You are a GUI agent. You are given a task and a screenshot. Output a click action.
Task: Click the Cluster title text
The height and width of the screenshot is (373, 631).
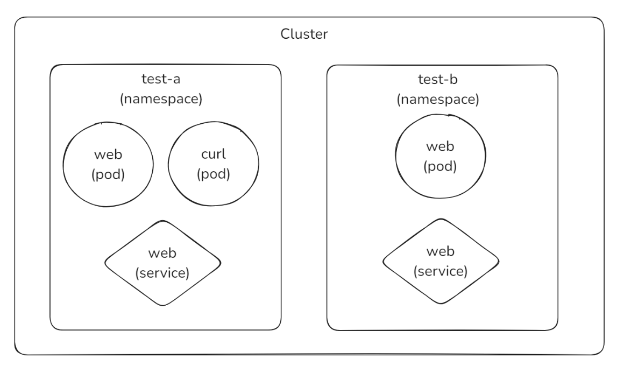(304, 34)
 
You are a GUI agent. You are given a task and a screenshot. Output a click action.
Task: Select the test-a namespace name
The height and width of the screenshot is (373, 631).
(161, 79)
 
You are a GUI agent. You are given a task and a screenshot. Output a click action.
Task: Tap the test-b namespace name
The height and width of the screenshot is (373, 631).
(438, 79)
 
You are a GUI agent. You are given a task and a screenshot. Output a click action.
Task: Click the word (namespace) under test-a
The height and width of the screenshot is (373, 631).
(161, 98)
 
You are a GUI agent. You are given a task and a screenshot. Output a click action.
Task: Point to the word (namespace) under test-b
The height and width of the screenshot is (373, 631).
(438, 99)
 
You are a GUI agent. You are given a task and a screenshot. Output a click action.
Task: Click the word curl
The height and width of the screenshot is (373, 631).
(213, 154)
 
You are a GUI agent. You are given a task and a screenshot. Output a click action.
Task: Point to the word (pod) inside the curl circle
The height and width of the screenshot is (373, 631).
(213, 174)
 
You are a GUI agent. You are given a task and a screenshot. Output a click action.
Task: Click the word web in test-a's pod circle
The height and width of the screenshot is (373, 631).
(108, 154)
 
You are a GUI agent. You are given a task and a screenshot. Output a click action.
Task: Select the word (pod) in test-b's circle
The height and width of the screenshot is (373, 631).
(440, 166)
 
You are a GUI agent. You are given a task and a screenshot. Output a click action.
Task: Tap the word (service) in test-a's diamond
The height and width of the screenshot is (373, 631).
(162, 273)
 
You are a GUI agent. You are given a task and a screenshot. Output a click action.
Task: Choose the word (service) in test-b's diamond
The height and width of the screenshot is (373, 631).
(440, 271)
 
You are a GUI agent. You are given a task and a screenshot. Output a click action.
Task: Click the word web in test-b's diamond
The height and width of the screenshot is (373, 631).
(440, 251)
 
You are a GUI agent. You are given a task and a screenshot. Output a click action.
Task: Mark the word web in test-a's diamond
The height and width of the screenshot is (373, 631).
(162, 254)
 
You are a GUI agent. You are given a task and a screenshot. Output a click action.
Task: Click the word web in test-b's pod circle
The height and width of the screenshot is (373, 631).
(440, 146)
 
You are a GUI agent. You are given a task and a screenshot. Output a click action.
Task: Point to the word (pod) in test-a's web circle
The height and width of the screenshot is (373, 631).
(108, 174)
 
